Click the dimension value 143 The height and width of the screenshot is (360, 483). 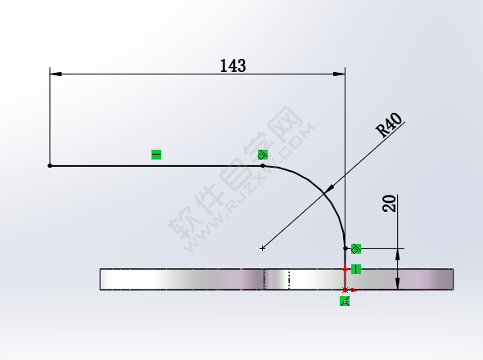(x=232, y=65)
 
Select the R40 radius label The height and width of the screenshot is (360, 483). (x=389, y=125)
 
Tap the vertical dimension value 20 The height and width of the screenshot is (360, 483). (x=390, y=204)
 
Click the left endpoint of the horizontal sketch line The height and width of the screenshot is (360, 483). (x=50, y=166)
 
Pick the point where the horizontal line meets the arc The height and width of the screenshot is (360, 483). (x=263, y=166)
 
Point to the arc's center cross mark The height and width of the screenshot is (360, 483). (x=263, y=248)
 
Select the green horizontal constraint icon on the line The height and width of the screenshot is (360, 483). (x=156, y=154)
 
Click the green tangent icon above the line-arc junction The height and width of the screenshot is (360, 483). (x=263, y=154)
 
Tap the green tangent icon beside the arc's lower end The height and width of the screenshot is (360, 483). (x=356, y=248)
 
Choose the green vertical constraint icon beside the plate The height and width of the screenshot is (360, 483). (x=356, y=269)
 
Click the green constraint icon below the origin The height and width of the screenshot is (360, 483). (x=345, y=301)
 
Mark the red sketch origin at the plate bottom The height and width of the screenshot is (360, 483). (x=345, y=290)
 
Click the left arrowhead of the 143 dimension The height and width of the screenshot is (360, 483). (x=55, y=74)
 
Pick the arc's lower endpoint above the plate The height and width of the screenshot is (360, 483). (x=345, y=248)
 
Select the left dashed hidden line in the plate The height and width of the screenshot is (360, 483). (x=264, y=279)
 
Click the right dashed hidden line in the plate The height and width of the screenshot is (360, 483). (x=290, y=279)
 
